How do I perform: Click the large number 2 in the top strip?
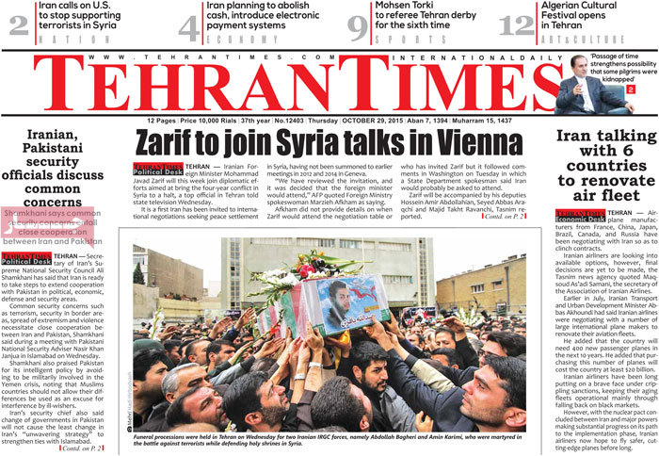click(x=18, y=25)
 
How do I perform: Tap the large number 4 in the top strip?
click(x=188, y=25)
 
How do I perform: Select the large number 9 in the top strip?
click(x=356, y=25)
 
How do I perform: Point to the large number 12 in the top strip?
click(x=516, y=25)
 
